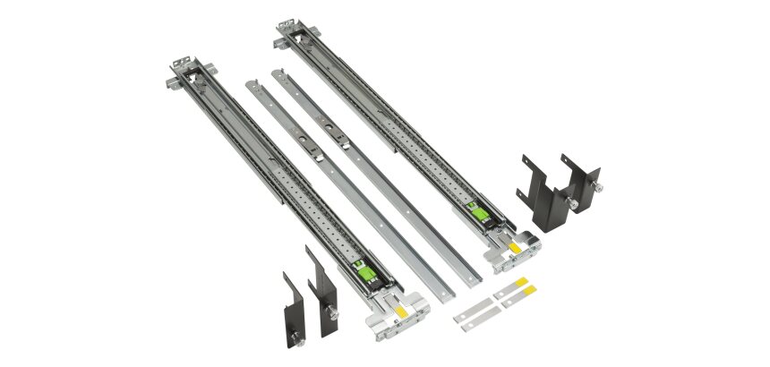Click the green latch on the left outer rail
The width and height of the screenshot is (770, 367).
point(362,272)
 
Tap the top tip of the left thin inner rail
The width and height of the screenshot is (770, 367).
point(251,85)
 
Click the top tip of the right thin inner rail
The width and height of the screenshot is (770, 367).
point(277,71)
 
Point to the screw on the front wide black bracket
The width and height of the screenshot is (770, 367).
point(570,203)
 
